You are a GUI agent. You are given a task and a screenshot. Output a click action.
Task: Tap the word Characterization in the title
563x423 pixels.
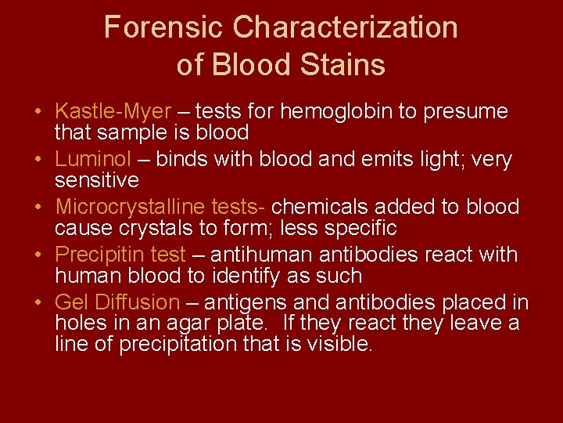coord(346,28)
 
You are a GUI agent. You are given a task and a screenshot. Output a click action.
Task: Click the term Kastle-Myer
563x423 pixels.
coord(113,112)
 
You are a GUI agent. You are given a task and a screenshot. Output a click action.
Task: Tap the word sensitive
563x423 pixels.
coord(97,180)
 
